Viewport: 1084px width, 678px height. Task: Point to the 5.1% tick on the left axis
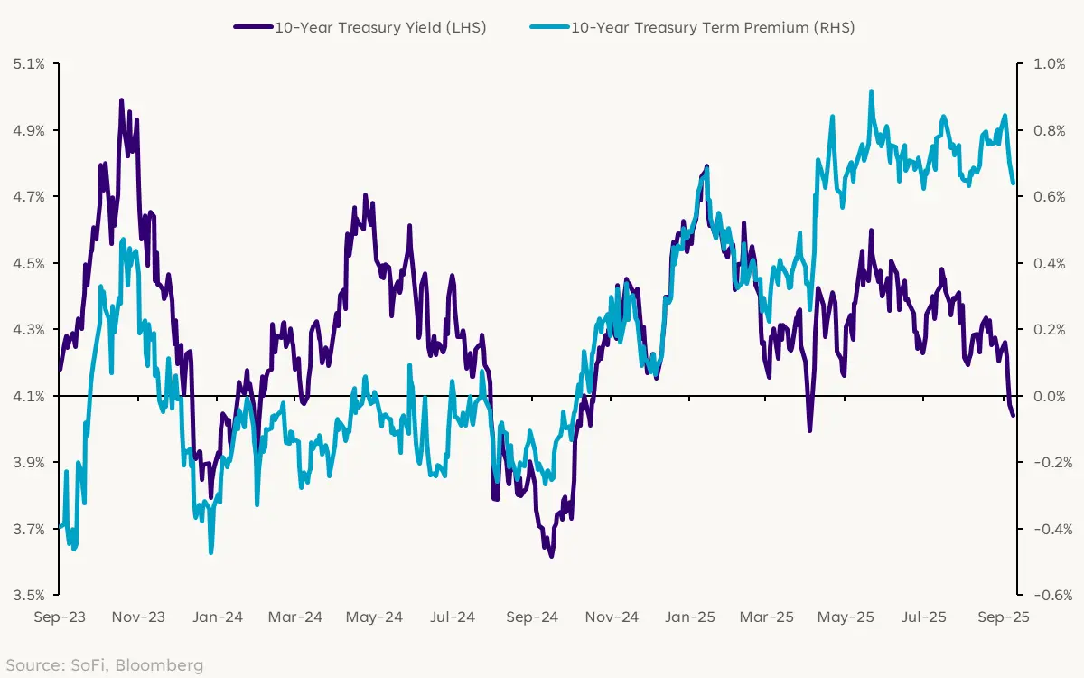[29, 64]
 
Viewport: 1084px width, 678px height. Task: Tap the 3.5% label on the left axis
[29, 596]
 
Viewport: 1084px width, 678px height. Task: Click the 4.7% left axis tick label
[29, 197]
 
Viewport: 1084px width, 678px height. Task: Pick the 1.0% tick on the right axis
[1049, 64]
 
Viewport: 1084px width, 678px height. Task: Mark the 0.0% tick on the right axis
[1049, 396]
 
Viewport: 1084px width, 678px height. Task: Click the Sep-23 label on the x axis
[60, 617]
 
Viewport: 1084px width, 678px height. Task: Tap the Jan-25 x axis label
[691, 617]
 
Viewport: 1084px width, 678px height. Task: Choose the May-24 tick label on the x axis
[374, 617]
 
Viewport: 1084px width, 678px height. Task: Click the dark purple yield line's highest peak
[121, 100]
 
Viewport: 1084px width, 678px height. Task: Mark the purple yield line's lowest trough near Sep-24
[551, 556]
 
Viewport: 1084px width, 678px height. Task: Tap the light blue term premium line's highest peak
[871, 92]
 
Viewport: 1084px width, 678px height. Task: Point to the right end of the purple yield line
[1013, 415]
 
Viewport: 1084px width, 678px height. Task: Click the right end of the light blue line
[1013, 183]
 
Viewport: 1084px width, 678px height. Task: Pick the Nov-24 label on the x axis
[612, 617]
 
